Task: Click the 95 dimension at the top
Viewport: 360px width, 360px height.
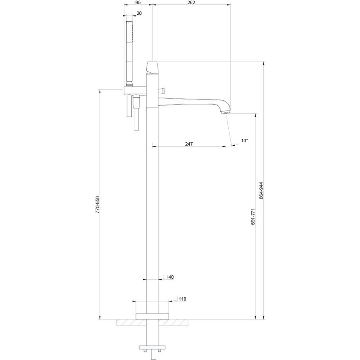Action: [138, 2]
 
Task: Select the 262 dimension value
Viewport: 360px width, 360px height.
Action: [191, 2]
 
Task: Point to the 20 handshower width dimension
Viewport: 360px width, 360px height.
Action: [139, 13]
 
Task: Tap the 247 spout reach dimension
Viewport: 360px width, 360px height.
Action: [189, 144]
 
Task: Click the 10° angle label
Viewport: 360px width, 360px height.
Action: [244, 140]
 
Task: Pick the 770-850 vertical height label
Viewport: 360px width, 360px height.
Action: [97, 204]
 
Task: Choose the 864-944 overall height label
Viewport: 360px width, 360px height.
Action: [261, 191]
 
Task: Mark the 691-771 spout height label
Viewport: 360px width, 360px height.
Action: [253, 216]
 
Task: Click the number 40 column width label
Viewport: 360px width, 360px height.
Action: [171, 277]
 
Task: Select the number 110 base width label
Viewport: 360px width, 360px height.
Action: [182, 299]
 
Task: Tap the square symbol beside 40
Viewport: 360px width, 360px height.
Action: [166, 277]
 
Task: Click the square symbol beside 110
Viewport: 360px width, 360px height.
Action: [175, 299]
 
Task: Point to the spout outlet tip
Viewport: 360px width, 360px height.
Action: [226, 113]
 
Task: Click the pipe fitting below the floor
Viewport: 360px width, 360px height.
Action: [152, 349]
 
